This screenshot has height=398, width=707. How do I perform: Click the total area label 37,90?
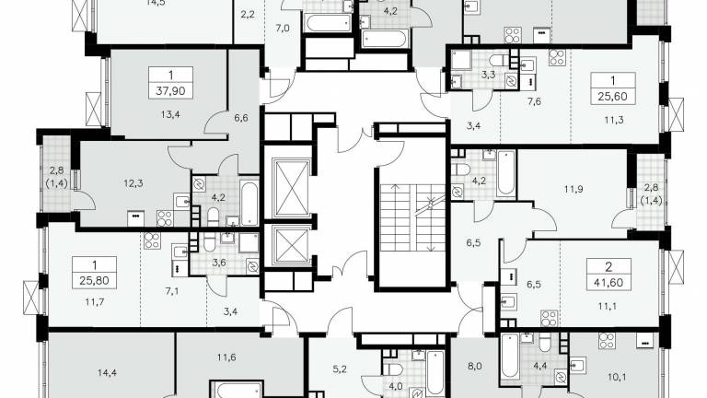click(x=170, y=90)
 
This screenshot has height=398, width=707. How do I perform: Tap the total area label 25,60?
click(x=613, y=96)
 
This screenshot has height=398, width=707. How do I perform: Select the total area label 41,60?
click(x=608, y=283)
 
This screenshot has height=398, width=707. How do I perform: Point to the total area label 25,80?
click(x=94, y=280)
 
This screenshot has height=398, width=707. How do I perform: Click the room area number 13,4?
click(x=170, y=114)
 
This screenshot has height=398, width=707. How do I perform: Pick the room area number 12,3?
click(x=133, y=183)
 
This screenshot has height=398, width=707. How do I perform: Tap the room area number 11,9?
click(x=574, y=189)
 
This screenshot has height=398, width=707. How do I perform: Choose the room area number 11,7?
click(x=94, y=301)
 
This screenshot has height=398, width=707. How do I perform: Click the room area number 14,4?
click(x=107, y=373)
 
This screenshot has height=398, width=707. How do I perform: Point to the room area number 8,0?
click(x=474, y=367)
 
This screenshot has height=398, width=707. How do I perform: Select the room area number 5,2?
click(x=340, y=369)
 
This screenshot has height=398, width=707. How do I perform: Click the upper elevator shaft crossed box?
click(x=292, y=188)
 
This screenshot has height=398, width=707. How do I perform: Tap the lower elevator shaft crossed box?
click(x=292, y=245)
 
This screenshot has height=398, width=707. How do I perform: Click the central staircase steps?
click(x=412, y=218)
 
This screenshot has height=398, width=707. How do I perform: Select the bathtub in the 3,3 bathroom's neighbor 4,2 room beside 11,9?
click(x=506, y=173)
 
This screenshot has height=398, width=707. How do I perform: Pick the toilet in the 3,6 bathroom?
click(x=209, y=242)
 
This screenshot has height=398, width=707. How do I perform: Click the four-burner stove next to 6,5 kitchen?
click(x=549, y=318)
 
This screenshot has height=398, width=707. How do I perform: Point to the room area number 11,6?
click(x=226, y=357)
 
